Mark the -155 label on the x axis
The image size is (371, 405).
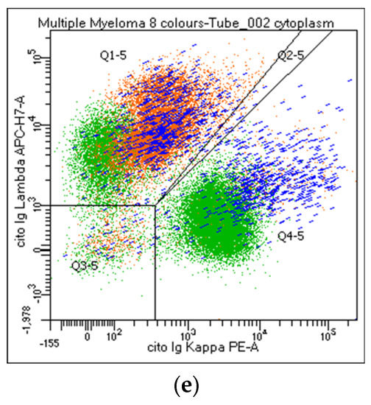(52, 342)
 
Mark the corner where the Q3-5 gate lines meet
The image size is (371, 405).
(155, 205)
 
